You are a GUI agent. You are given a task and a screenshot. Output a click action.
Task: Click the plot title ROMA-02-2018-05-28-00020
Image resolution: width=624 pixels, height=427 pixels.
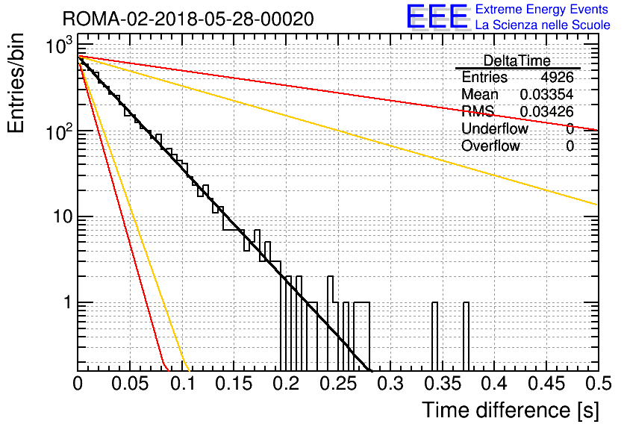tap(188, 19)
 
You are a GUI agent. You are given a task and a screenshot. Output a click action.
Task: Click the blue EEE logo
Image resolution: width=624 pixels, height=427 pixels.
tap(437, 16)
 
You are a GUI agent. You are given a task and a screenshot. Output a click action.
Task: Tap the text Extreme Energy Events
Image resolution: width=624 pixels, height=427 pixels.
tap(542, 9)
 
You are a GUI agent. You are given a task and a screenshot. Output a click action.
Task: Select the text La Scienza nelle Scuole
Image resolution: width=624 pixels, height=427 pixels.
tap(543, 25)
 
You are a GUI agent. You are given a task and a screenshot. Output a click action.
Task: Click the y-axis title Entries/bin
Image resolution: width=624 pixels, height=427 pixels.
tap(16, 83)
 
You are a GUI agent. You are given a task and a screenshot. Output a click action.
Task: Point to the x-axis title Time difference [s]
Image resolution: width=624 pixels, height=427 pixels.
tap(511, 411)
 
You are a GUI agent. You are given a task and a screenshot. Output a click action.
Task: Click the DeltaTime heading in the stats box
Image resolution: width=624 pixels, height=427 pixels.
tap(517, 61)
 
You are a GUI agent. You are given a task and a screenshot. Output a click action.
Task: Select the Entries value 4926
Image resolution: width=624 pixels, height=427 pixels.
tap(557, 77)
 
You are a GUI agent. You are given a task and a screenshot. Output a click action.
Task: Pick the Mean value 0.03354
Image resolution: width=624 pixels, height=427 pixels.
tap(546, 94)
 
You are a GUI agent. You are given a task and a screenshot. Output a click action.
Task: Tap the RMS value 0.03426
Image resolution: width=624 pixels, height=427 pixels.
tap(546, 111)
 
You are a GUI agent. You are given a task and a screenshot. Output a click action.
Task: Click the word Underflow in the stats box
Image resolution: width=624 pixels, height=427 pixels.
tap(495, 128)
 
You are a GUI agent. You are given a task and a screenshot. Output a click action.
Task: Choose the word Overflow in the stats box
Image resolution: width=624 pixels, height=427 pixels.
tap(490, 146)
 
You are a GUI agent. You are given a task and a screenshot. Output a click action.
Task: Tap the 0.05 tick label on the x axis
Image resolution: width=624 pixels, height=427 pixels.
tap(130, 384)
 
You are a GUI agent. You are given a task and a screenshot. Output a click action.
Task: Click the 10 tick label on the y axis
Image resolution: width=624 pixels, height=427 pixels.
tap(62, 216)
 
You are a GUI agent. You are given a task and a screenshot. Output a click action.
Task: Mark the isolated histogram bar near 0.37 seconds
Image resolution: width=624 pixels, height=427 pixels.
tap(466, 337)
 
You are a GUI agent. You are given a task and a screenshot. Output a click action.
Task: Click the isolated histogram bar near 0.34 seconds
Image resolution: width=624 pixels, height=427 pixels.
tap(434, 337)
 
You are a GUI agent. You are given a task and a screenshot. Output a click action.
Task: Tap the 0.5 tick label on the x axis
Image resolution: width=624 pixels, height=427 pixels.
tap(599, 384)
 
